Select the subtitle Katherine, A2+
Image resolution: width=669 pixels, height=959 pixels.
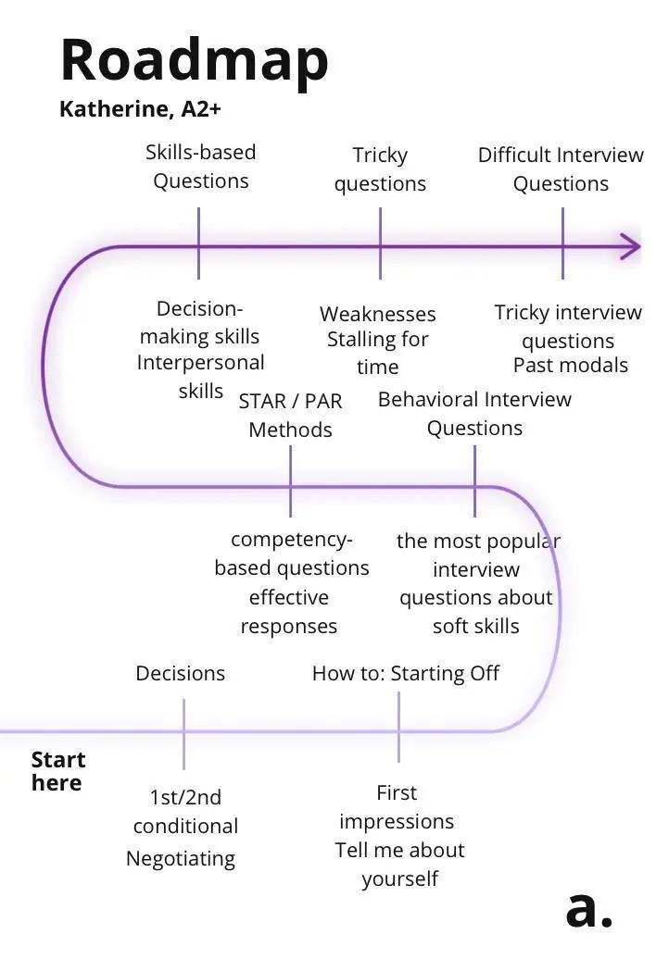coord(140,109)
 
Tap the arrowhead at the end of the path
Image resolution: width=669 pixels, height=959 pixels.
coord(631,246)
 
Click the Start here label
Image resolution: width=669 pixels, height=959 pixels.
coord(57,771)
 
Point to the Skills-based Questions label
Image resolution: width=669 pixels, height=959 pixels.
coord(200,167)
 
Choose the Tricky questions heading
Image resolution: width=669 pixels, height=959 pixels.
coord(380,169)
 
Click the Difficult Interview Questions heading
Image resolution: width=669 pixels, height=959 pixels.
coord(561,169)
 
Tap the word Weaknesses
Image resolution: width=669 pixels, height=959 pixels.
coord(377,314)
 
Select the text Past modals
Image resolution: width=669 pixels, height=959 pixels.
coord(570,365)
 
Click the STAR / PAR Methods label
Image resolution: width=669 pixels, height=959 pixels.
coord(290,415)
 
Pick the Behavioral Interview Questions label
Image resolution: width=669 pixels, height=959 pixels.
coord(474,414)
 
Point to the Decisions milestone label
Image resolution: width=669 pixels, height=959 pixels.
coord(180,673)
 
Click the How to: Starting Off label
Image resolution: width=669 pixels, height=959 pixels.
coord(405,673)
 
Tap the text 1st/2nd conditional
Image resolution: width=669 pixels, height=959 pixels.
coord(185,811)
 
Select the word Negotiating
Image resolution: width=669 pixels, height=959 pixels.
coord(181,858)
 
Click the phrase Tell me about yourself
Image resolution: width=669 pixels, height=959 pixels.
coord(399,864)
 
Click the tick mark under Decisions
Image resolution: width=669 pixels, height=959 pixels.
coord(183,733)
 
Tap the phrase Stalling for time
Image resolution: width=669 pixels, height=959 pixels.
coord(377,353)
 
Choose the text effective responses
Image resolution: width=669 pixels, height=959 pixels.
coord(288,611)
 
